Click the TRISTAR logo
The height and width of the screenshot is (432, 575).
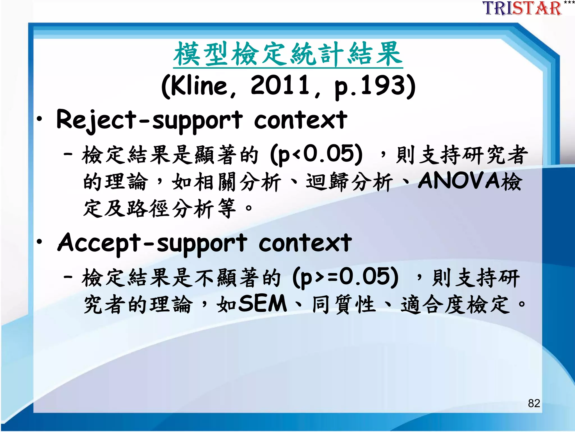click(522, 8)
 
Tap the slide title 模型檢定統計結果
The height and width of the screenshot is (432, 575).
click(288, 54)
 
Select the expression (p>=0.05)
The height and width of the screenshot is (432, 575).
click(345, 277)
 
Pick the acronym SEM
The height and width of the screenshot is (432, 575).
click(263, 303)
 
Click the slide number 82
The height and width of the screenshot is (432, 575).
click(534, 403)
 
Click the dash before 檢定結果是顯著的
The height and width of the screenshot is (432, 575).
click(68, 154)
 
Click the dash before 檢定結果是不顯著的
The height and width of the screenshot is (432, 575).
click(68, 277)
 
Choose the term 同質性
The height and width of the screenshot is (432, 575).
click(344, 305)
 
